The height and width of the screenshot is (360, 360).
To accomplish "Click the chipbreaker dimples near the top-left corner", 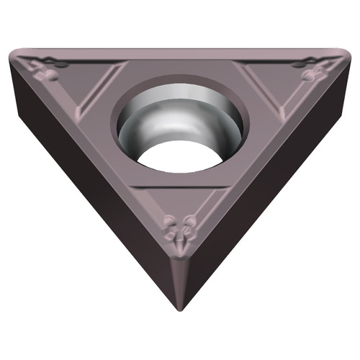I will click(48, 71).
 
